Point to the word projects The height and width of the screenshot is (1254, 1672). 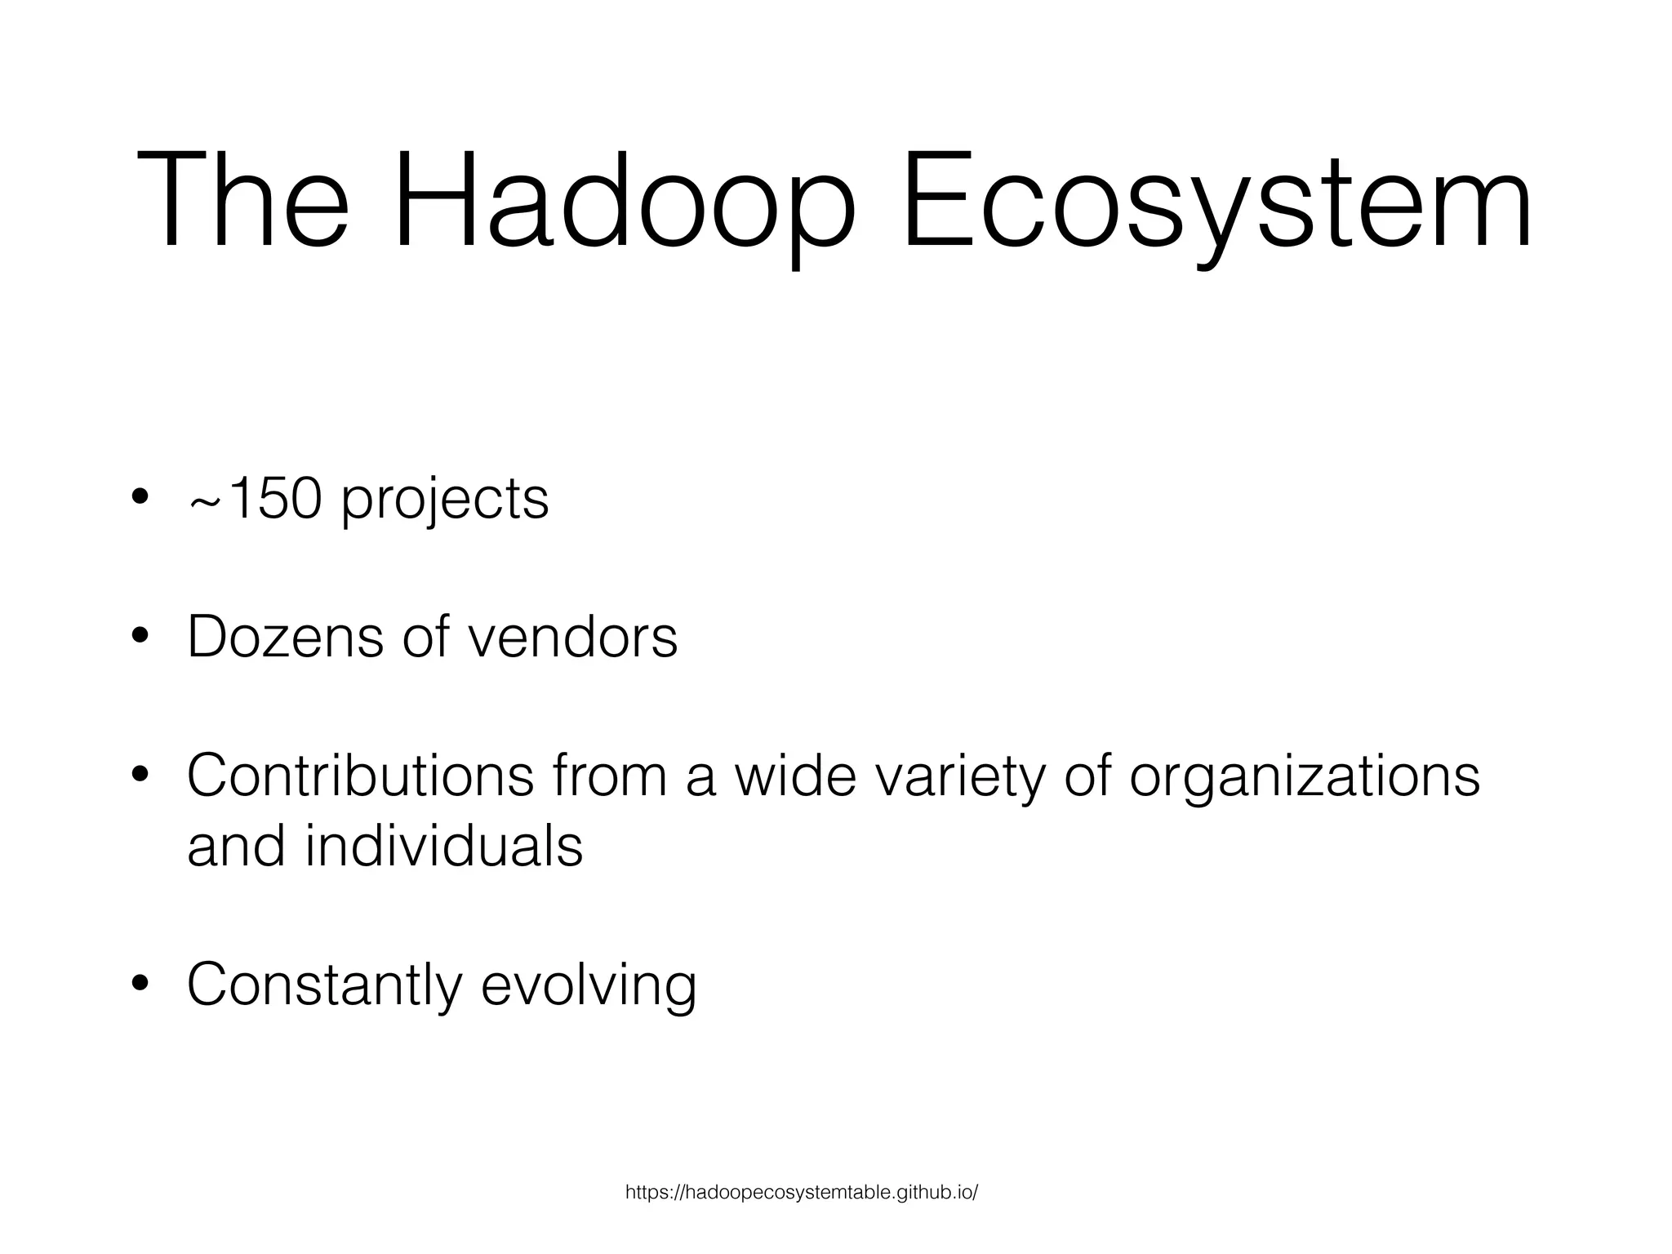pyautogui.click(x=445, y=500)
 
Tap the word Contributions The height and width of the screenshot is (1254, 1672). pyautogui.click(x=360, y=776)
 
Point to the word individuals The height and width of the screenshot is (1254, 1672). pyautogui.click(x=444, y=846)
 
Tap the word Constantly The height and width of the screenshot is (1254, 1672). pyautogui.click(x=324, y=985)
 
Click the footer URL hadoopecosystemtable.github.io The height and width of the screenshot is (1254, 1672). pyautogui.click(x=801, y=1193)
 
